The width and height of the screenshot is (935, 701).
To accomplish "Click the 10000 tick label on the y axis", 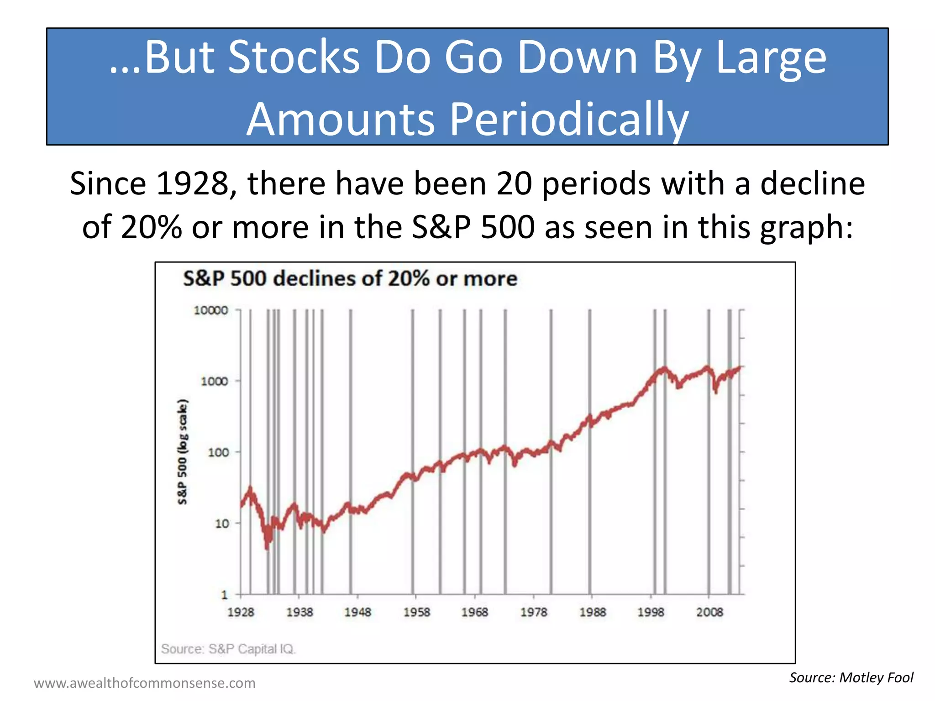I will (210, 310).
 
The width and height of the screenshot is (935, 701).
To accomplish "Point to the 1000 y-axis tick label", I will (214, 381).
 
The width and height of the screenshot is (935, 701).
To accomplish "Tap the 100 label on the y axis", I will (218, 452).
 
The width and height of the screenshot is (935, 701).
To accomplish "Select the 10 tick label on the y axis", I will (222, 523).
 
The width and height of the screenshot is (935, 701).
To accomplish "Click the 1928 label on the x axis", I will (241, 612).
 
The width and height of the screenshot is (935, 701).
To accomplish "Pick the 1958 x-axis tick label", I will (416, 612).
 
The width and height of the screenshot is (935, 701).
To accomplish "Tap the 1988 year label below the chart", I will (593, 612).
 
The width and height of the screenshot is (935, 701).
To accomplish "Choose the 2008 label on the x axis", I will (709, 612).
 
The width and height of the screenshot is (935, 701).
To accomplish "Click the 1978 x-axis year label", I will (534, 612).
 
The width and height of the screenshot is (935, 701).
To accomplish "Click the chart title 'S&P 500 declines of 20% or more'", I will (350, 278).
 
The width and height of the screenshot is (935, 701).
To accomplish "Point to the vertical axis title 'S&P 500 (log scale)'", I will (182, 452).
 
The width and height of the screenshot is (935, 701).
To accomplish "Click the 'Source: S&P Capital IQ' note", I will (228, 649).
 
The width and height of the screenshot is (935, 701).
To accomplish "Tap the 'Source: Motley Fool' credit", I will (851, 677).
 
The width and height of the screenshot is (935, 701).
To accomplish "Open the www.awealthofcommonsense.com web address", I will (144, 683).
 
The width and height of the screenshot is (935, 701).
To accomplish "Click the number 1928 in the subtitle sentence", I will (193, 183).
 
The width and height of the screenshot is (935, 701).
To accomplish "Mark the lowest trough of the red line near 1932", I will (267, 548).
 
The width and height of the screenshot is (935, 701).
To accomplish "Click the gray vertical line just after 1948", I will (351, 452).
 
